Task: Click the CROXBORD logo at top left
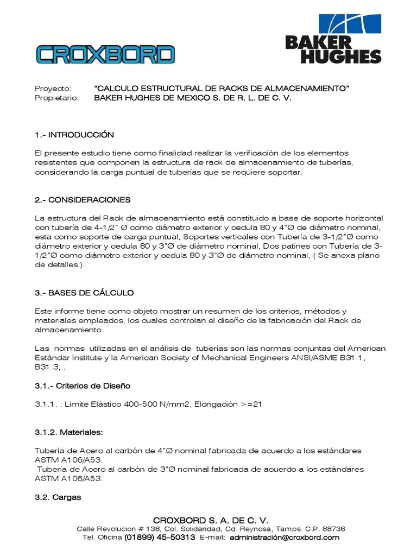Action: [x=105, y=54]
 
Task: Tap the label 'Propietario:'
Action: [x=57, y=98]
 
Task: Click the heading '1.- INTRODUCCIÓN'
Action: [x=74, y=135]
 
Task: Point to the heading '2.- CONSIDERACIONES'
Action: [x=83, y=200]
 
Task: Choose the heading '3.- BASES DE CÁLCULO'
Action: [x=84, y=293]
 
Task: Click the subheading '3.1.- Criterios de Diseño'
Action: [x=83, y=386]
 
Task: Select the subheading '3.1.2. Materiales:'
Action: [x=68, y=433]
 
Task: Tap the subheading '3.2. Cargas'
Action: [x=58, y=497]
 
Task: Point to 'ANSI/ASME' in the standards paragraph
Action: [x=302, y=357]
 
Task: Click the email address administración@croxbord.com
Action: [x=285, y=538]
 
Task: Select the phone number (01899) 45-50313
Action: [x=160, y=538]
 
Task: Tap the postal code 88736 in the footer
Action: [x=333, y=529]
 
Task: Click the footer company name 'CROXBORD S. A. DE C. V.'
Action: [x=211, y=520]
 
